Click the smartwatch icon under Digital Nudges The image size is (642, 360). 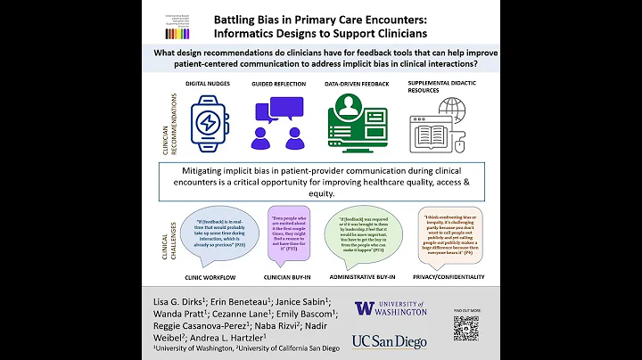tap(208, 123)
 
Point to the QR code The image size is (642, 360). tap(465, 327)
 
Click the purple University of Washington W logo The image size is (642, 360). tap(365, 308)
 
